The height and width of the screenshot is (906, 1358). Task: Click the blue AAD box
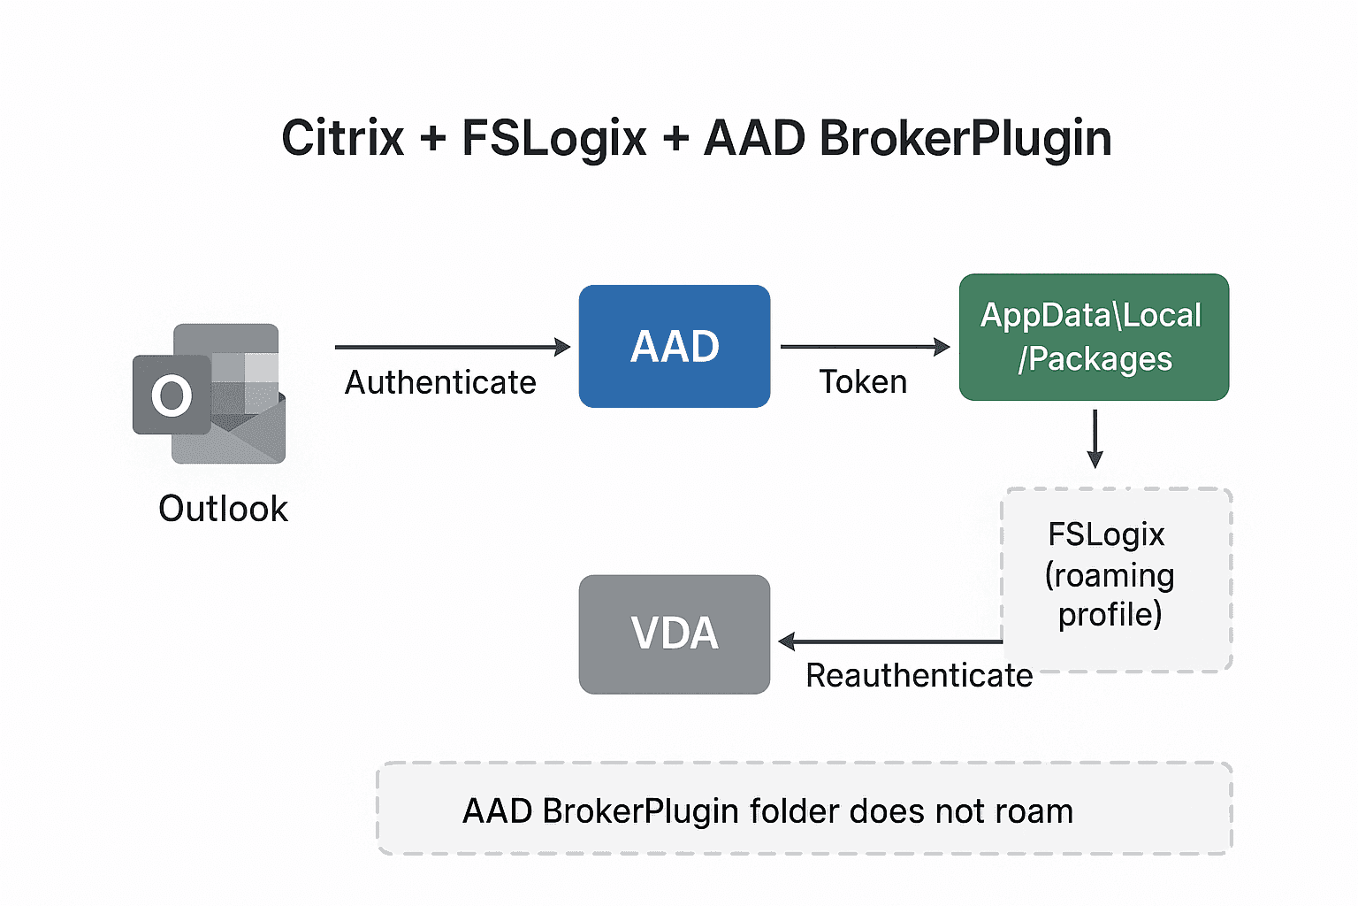click(x=674, y=346)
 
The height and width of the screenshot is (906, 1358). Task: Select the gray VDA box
click(x=674, y=633)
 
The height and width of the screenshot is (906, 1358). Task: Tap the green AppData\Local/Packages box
click(x=1094, y=337)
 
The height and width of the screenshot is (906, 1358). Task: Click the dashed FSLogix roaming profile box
click(x=1116, y=579)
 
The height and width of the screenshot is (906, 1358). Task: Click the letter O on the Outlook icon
click(x=171, y=395)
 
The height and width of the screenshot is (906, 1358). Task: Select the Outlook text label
click(x=223, y=509)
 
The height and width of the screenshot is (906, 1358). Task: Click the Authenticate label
click(x=440, y=382)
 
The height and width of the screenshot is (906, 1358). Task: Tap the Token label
click(x=863, y=381)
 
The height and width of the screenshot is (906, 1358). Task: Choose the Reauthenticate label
click(x=919, y=675)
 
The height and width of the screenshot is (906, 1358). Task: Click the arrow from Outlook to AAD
click(x=451, y=347)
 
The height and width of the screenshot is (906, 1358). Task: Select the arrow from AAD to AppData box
click(x=863, y=347)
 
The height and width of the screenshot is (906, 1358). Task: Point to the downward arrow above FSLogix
click(x=1095, y=438)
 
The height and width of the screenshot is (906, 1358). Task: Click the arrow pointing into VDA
click(x=889, y=641)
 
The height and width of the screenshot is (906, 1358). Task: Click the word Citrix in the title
click(x=343, y=139)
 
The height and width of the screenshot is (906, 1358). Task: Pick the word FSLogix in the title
click(x=554, y=139)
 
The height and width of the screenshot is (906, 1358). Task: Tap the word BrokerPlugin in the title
click(x=965, y=139)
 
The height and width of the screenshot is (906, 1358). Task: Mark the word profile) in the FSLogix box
click(x=1110, y=614)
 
